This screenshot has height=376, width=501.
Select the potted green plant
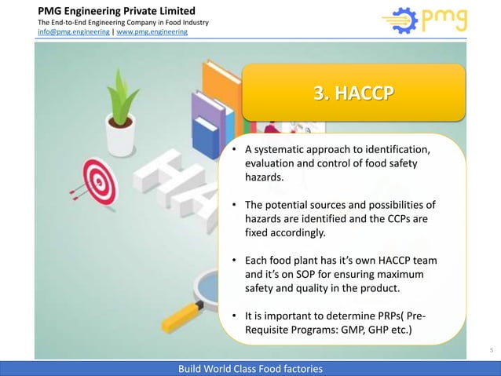pyautogui.click(x=122, y=114)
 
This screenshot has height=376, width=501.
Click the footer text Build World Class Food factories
pyautogui.click(x=251, y=368)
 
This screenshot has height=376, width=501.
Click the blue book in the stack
pyautogui.click(x=206, y=133)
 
